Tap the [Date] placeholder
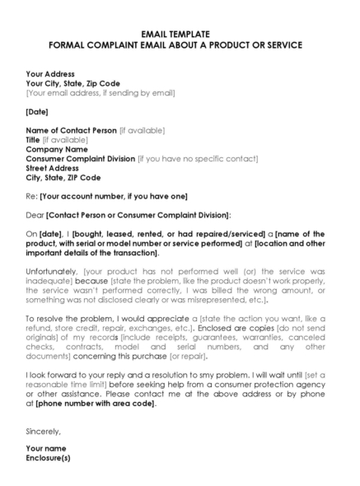click(37, 111)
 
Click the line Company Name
click(57, 149)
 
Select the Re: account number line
click(107, 196)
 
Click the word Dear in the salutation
click(35, 215)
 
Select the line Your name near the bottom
click(46, 448)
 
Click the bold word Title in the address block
click(33, 140)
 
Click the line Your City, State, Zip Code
click(72, 83)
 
